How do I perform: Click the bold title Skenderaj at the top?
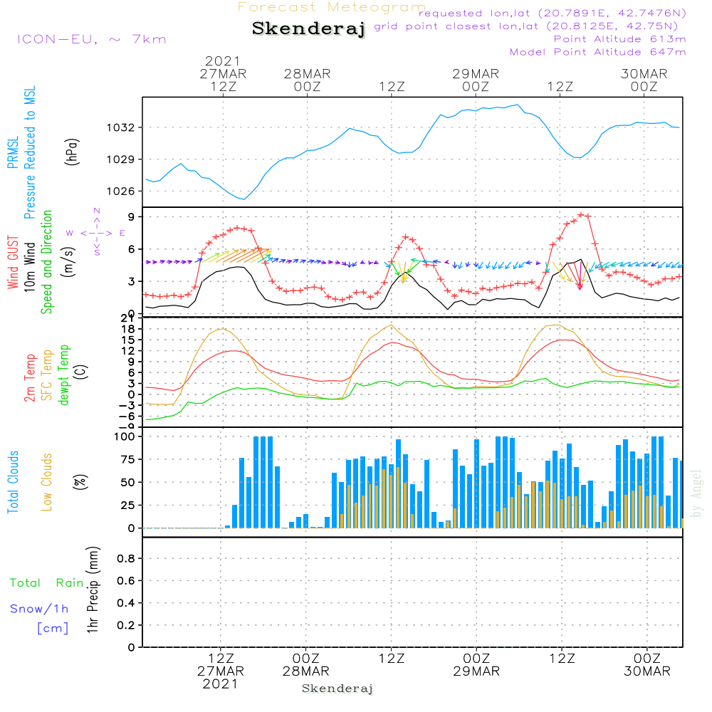308,29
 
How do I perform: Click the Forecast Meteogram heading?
332,7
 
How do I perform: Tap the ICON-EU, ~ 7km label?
91,38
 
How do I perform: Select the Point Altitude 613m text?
619,39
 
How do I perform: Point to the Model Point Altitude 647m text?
598,52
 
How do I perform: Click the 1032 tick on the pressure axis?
120,128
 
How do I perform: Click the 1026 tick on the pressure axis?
120,191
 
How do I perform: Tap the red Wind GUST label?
12,263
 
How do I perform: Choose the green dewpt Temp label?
64,375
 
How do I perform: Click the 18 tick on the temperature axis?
130,329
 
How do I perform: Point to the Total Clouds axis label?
12,482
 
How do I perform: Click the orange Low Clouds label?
47,482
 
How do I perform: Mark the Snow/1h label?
39,609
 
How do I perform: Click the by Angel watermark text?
696,493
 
